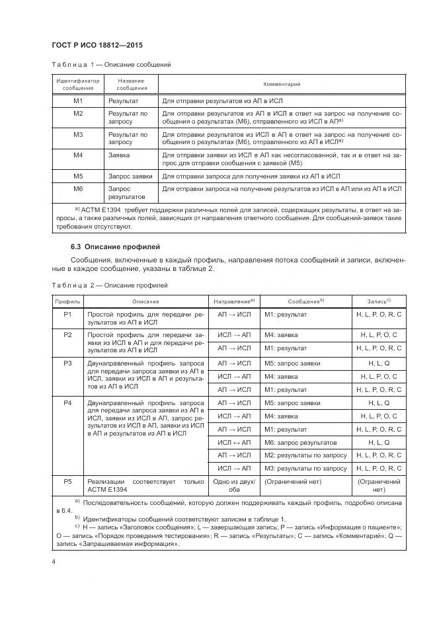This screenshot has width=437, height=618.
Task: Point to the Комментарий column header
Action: point(282,85)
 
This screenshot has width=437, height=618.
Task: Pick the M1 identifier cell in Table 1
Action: point(78,101)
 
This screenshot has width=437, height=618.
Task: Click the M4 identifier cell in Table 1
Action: point(78,155)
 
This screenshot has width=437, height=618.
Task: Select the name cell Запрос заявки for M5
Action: point(130,176)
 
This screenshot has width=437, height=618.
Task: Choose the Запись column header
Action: point(379,301)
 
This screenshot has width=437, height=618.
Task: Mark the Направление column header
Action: point(235,301)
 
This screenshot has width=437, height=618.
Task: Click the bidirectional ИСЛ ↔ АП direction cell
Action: point(235,442)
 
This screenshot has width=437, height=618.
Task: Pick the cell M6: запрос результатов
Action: point(300,442)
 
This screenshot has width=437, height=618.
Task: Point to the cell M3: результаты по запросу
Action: point(305,469)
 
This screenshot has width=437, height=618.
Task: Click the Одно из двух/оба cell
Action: point(235,486)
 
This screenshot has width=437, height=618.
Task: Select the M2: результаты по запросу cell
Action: point(305,455)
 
